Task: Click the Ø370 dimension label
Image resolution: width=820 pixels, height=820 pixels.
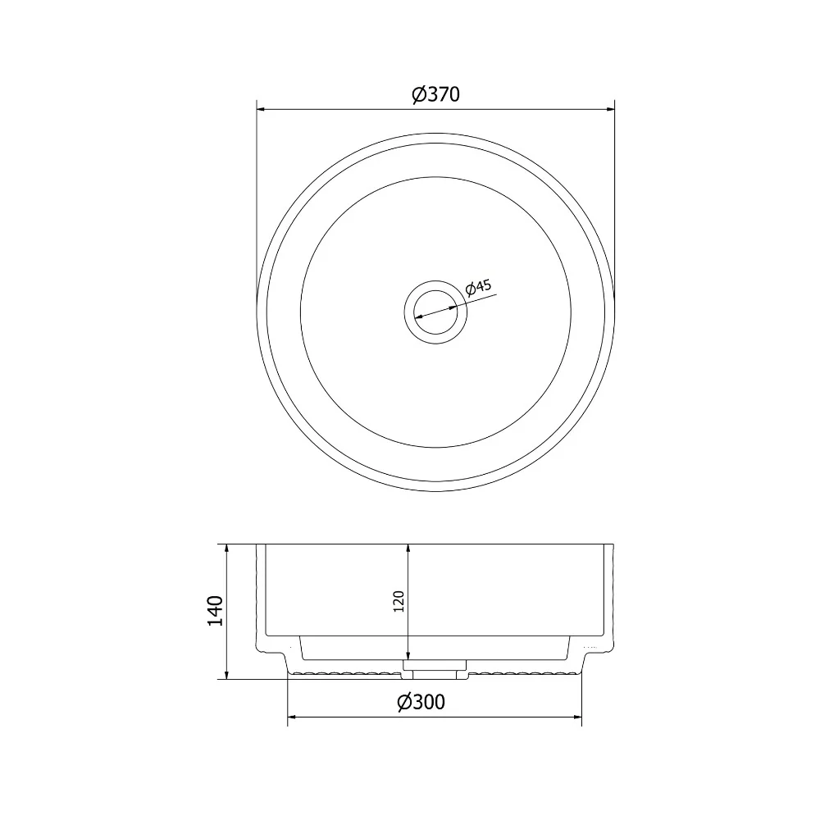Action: coord(435,94)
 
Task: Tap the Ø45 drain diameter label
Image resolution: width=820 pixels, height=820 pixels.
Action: coord(479,287)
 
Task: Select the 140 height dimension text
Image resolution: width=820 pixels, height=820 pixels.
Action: coord(215,610)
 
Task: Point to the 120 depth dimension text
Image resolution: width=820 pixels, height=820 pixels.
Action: coord(399,601)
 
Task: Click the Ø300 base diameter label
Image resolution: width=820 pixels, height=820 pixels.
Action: coord(421,702)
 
